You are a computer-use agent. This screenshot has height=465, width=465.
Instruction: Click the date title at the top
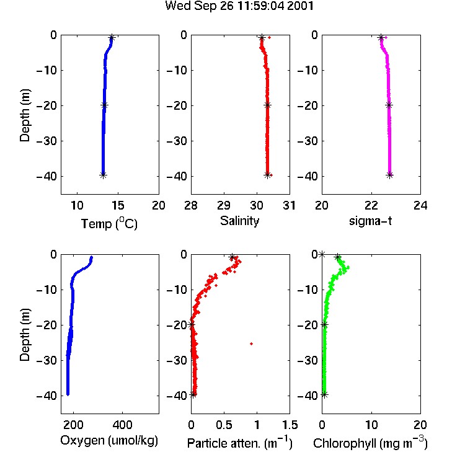(x=239, y=6)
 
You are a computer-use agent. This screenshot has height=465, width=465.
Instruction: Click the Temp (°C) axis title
(x=109, y=224)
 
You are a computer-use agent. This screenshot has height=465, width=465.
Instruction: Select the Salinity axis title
(x=239, y=221)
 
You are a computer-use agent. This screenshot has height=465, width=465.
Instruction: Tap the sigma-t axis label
(x=370, y=221)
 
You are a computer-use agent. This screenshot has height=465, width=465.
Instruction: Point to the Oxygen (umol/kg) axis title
(x=109, y=441)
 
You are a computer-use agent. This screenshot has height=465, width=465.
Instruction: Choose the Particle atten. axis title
(x=239, y=443)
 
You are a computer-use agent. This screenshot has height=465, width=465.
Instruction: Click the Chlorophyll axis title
(x=370, y=443)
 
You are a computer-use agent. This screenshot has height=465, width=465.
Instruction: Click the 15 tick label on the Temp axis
(x=118, y=205)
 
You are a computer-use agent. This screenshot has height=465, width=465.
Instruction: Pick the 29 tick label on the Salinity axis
(x=224, y=205)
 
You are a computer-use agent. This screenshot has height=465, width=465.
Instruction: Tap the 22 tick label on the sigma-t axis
(x=371, y=205)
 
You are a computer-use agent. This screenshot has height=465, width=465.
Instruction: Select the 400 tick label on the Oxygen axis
(x=122, y=425)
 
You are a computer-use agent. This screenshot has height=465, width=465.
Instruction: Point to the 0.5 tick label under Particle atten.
(x=224, y=425)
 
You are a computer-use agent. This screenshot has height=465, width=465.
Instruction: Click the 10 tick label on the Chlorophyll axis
(x=371, y=425)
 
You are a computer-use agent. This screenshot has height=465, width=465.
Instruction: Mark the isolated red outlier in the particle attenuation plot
(x=252, y=343)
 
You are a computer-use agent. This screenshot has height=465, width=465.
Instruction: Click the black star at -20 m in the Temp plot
(x=104, y=105)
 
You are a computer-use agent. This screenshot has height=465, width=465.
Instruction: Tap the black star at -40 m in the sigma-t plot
(x=390, y=175)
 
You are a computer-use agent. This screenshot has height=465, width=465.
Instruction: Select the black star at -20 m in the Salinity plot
(x=267, y=105)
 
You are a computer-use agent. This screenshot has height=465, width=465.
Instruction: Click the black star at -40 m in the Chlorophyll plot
(x=325, y=394)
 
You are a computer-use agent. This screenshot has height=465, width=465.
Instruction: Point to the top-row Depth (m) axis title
(x=25, y=115)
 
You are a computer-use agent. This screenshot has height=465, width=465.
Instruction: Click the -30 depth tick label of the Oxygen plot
(x=46, y=361)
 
